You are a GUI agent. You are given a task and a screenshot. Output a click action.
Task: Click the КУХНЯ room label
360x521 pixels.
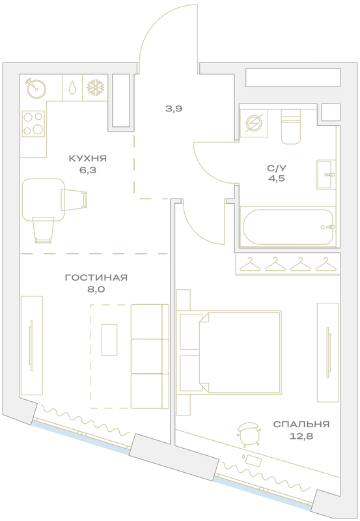tap(88, 158)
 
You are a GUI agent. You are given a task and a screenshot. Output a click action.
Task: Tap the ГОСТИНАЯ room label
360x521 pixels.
tap(96, 277)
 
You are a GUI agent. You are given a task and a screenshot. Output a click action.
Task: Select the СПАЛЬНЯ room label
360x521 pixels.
tap(301, 425)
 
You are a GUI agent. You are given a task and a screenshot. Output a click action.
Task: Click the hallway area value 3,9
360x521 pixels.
tap(174, 109)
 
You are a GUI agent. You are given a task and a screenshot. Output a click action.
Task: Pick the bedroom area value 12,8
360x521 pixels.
tap(301, 436)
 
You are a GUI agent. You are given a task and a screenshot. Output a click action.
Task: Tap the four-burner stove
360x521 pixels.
tap(33, 123)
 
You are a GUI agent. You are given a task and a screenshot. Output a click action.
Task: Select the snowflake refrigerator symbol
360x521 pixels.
tap(96, 87)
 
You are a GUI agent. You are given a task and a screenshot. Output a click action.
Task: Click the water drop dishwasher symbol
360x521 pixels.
tap(72, 88)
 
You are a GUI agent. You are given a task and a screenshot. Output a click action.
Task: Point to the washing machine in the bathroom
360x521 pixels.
tap(254, 123)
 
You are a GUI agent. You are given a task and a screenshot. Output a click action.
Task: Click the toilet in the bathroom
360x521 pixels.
tap(291, 127)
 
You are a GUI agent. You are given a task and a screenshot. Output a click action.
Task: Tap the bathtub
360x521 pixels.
tap(288, 227)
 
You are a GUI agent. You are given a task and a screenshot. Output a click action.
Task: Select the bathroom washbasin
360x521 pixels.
tap(325, 175)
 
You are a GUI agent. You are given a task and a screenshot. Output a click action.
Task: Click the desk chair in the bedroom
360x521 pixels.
tap(249, 433)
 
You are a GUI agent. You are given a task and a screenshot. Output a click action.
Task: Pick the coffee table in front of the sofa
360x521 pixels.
tap(109, 340)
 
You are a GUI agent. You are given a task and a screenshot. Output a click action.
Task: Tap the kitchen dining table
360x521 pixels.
tap(43, 200)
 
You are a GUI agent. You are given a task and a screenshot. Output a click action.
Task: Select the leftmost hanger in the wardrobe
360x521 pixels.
tap(249, 264)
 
